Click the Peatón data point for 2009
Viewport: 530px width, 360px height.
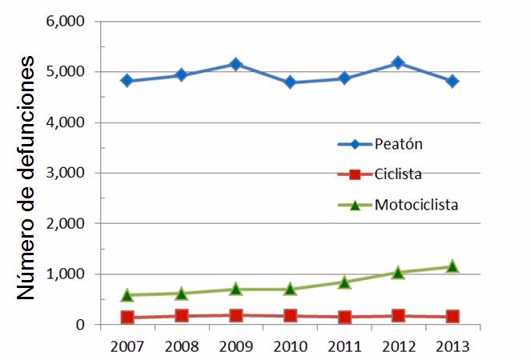tap(235, 64)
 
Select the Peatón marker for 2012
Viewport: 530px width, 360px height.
tap(398, 62)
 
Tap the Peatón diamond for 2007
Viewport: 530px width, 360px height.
tap(126, 81)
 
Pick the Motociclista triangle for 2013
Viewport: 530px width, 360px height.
tap(452, 266)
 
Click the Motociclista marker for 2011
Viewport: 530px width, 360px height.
tap(343, 282)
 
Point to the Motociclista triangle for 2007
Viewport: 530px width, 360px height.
tap(126, 294)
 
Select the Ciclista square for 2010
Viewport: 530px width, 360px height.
tap(290, 316)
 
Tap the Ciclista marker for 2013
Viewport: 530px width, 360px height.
tap(452, 317)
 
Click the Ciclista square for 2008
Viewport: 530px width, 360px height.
tap(181, 316)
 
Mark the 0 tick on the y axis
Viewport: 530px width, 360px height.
tap(81, 325)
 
